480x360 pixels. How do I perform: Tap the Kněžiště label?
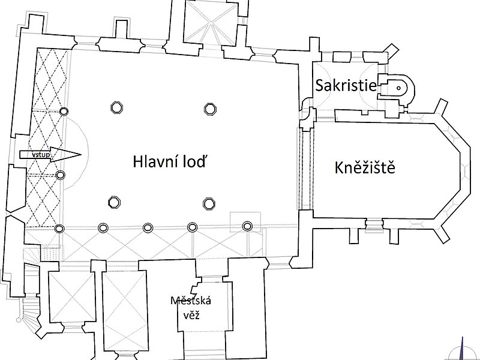[x=365, y=168]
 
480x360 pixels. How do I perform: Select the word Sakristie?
[x=346, y=86]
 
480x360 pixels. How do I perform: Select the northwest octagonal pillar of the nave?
[x=116, y=107]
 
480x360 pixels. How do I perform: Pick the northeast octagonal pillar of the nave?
[x=209, y=109]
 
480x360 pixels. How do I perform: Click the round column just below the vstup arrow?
[x=61, y=175]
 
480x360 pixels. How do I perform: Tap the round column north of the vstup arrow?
[x=64, y=112]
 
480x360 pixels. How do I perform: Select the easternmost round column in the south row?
[x=247, y=226]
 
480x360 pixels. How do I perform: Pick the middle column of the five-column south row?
[x=148, y=227]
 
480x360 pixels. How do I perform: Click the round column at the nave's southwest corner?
[x=59, y=228]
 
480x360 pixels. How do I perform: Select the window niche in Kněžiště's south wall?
[x=374, y=225]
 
